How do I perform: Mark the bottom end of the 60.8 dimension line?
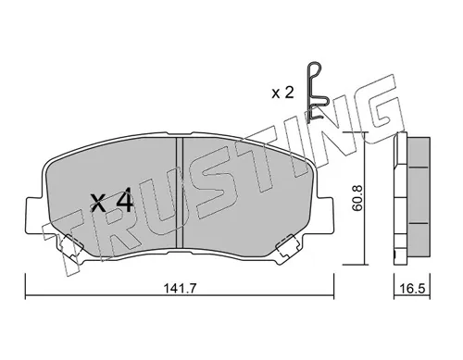point(363,262)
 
